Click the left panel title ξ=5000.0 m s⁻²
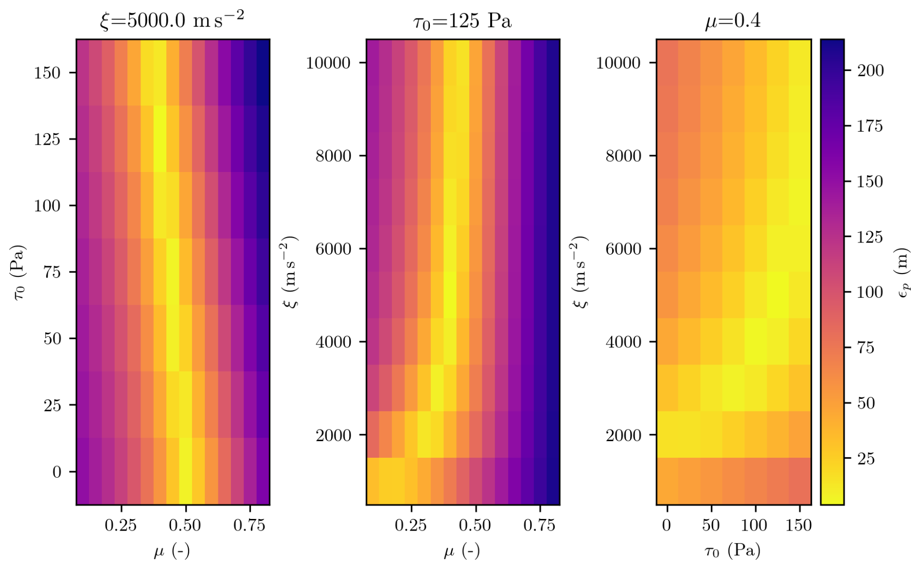pos(172,21)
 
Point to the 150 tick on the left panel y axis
pos(47,73)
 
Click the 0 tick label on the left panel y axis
pos(57,472)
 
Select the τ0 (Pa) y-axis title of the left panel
pos(20,273)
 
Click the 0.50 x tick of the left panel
pos(186,525)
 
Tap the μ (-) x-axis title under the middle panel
pos(462,551)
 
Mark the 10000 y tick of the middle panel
pos(328,63)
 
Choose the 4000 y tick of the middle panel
pos(333,342)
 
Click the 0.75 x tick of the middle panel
pos(540,525)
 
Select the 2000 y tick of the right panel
pos(623,435)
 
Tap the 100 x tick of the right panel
pos(755,525)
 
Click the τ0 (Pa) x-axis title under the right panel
pos(733,551)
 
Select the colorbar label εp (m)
pos(903,273)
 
